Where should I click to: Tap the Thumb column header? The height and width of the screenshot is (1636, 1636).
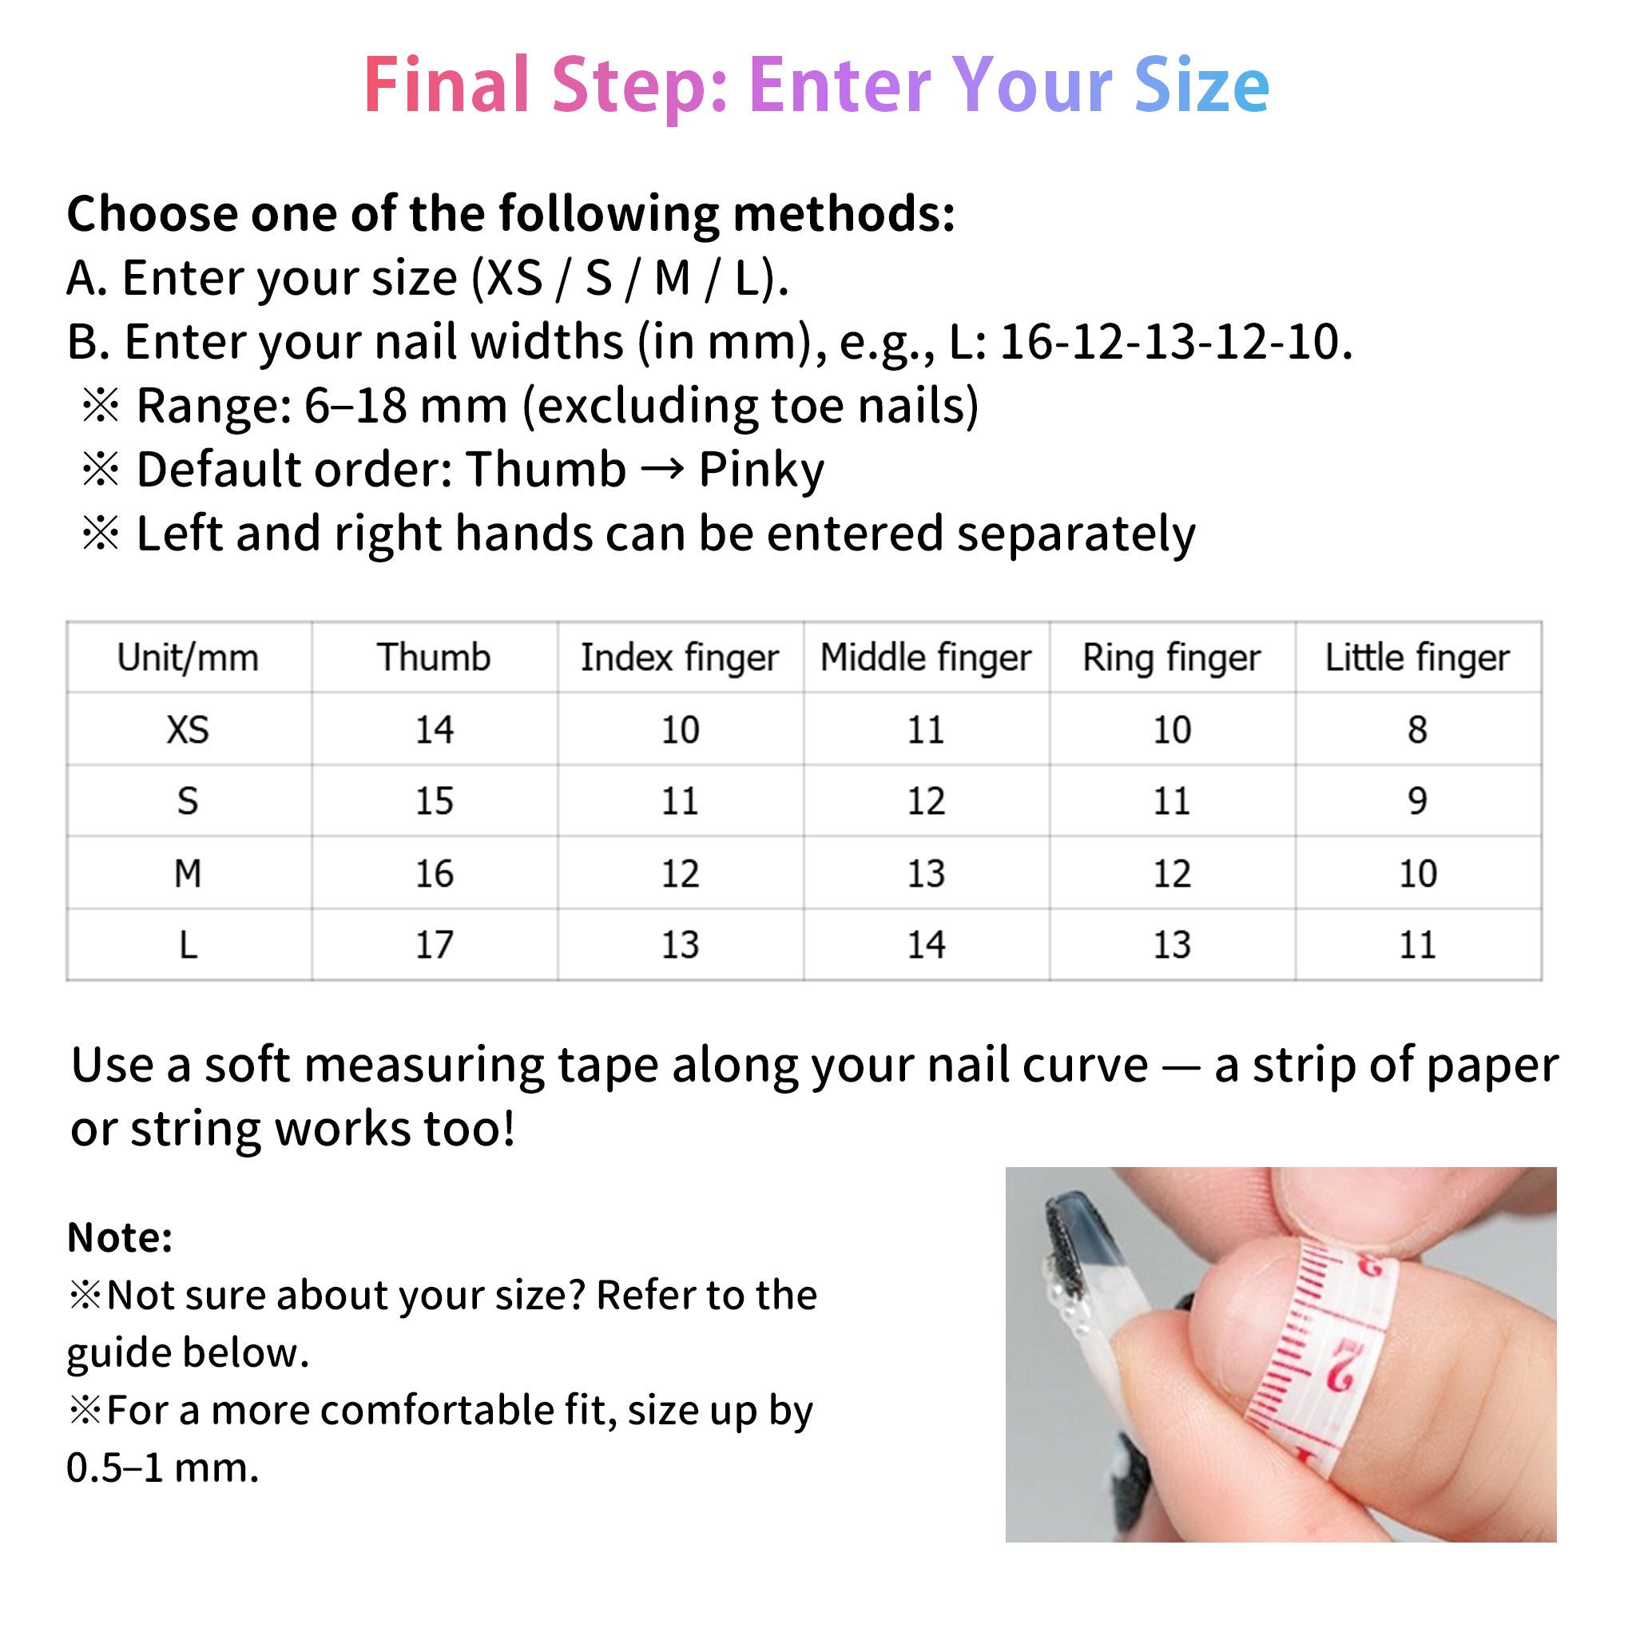point(434,658)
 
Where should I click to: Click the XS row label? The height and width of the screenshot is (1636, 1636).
point(188,730)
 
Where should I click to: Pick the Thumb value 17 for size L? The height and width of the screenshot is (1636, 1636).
point(434,945)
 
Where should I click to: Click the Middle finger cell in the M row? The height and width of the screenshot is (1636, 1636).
point(926,873)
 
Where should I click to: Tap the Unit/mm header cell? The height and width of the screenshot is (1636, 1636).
point(188,658)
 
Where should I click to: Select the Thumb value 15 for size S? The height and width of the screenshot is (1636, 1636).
point(434,801)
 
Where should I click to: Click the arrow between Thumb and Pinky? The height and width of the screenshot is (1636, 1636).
point(661,468)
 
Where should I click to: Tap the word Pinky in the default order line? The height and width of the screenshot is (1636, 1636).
point(760,470)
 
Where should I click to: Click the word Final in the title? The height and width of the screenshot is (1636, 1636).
point(447,85)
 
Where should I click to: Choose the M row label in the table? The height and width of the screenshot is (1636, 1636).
point(188,873)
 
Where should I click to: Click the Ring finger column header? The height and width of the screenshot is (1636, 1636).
point(1171,658)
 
